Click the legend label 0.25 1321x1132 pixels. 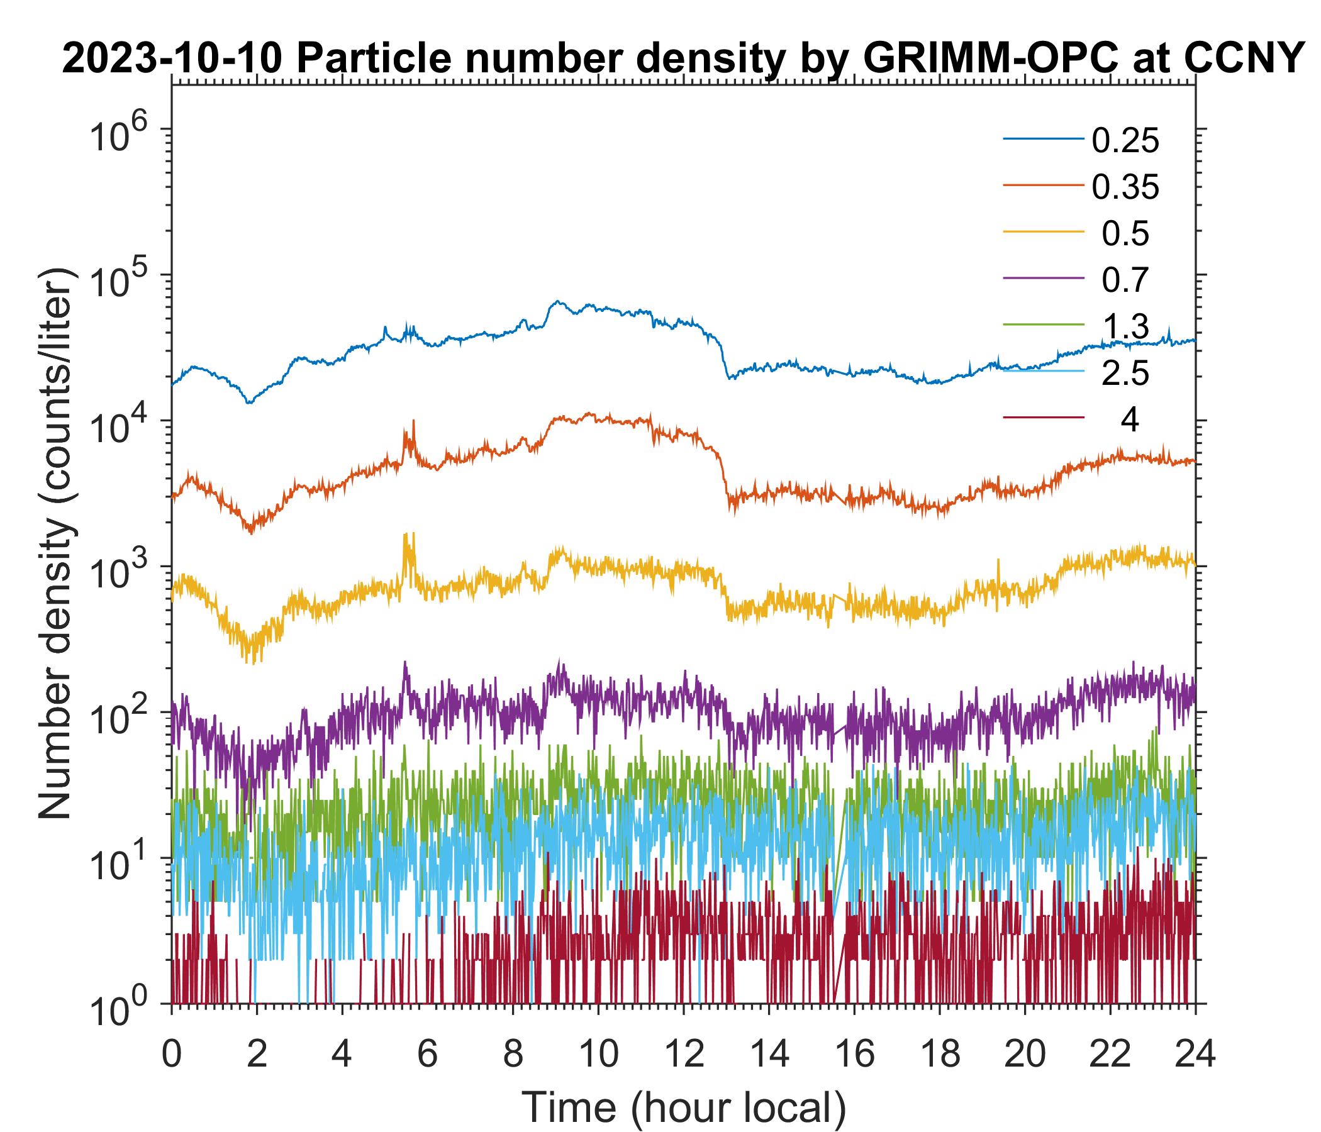coord(1125,141)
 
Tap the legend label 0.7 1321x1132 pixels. coord(1125,280)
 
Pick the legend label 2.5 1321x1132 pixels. coord(1125,374)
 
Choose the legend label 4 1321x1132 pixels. coord(1129,421)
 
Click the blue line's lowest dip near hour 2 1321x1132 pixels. coord(249,402)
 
